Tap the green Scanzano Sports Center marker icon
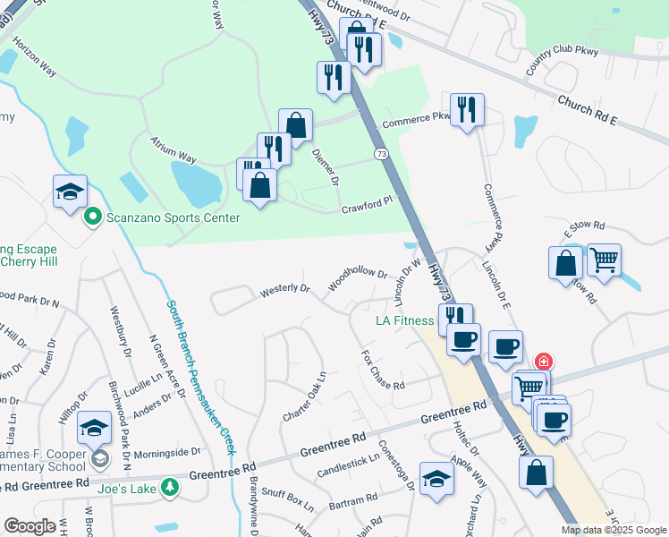[x=91, y=217]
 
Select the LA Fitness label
[x=403, y=320]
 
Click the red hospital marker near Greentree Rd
[x=543, y=362]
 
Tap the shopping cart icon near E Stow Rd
[x=605, y=260]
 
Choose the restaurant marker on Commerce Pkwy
[x=467, y=110]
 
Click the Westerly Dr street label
[x=284, y=291]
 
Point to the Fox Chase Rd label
[x=383, y=369]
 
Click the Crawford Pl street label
[x=367, y=206]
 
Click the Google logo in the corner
[x=30, y=526]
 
